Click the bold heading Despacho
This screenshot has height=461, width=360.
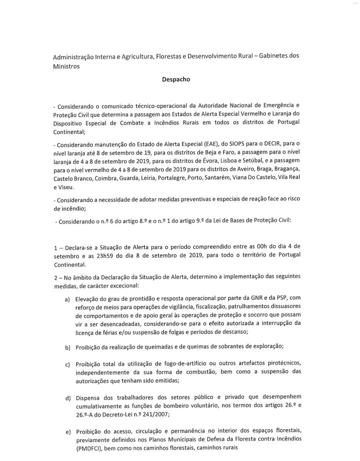pyautogui.click(x=179, y=79)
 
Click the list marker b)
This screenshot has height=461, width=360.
pyautogui.click(x=67, y=347)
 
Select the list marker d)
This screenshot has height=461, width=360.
pyautogui.click(x=67, y=398)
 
